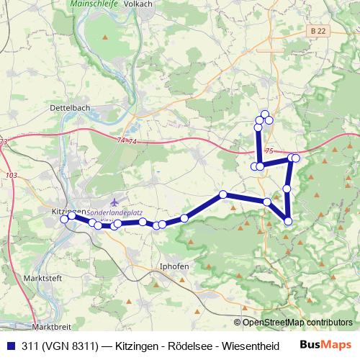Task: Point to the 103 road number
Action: (11, 176)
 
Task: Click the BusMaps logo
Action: (325, 345)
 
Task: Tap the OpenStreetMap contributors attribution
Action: (296, 322)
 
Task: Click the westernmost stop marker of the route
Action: (64, 219)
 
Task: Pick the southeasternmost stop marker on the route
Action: (289, 221)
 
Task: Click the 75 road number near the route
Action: (269, 151)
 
